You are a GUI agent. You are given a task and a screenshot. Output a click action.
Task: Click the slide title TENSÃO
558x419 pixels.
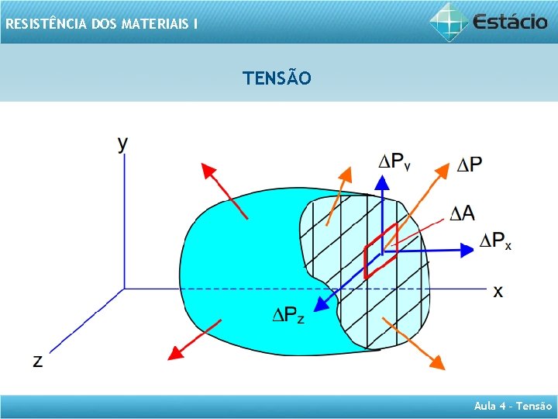tap(277, 78)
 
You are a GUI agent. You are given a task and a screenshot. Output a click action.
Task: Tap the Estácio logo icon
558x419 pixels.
tap(449, 21)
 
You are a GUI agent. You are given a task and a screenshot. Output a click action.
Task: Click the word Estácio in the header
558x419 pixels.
tap(511, 21)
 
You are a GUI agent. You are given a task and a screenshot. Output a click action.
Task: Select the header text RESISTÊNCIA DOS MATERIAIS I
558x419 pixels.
tap(101, 24)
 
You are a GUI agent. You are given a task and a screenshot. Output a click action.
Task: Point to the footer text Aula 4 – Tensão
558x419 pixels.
tap(514, 405)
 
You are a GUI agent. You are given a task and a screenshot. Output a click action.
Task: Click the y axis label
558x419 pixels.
tap(123, 144)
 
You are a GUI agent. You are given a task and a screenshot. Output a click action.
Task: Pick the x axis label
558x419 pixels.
tap(498, 291)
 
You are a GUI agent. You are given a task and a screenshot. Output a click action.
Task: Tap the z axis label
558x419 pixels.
tap(37, 361)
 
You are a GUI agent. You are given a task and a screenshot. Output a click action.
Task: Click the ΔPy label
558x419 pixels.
tap(394, 161)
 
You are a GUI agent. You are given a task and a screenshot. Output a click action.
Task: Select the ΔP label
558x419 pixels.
tap(469, 164)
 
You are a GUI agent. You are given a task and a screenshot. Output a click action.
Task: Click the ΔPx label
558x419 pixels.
tap(496, 241)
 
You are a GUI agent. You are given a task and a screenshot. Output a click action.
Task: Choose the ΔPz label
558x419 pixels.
tap(288, 314)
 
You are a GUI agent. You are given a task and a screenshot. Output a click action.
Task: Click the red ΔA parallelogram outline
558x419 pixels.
tap(381, 248)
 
